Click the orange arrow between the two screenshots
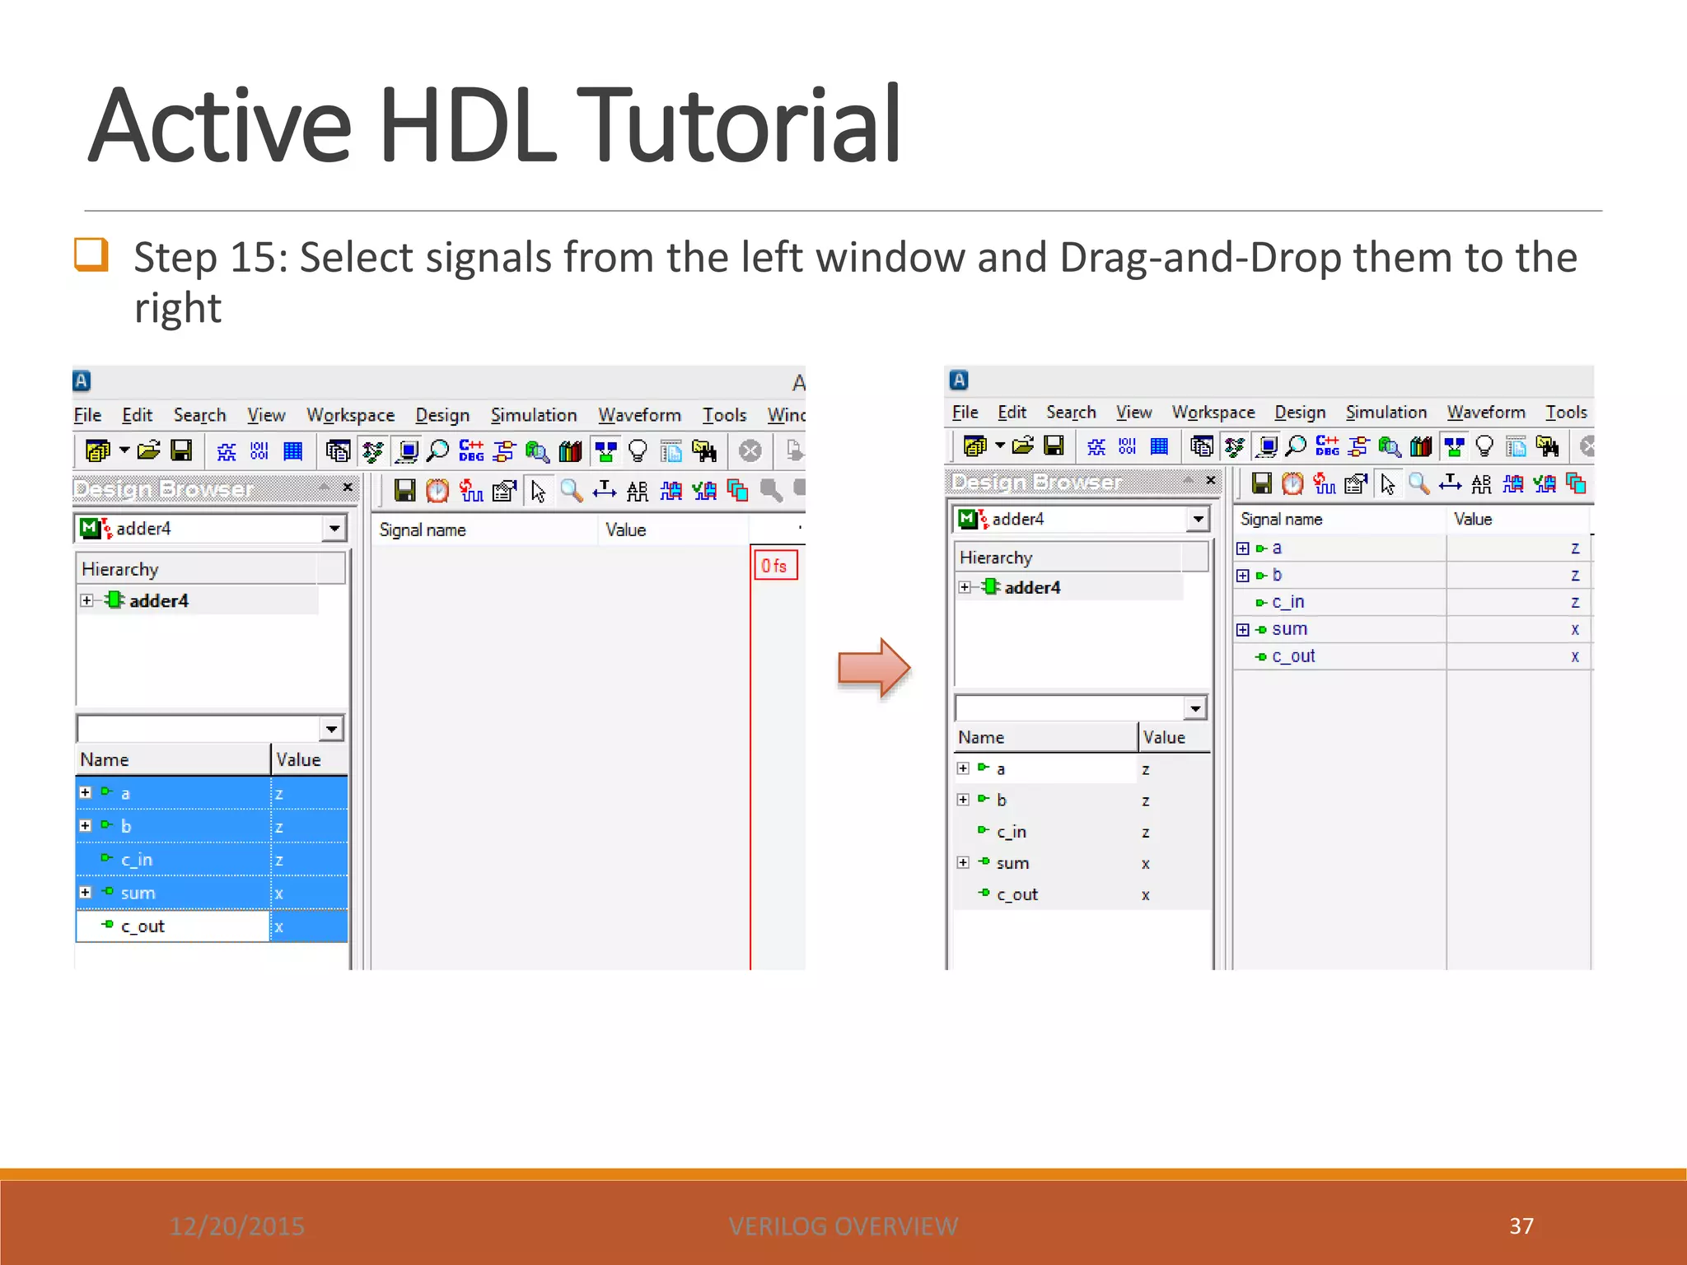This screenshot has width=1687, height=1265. click(873, 668)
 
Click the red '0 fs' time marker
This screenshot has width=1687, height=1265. click(774, 566)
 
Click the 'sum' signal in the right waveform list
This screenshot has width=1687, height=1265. click(1289, 629)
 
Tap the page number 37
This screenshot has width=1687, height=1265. click(1521, 1225)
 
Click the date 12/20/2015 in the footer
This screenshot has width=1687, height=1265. click(237, 1226)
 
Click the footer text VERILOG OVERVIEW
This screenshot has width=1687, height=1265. click(843, 1226)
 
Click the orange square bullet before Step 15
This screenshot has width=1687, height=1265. click(91, 254)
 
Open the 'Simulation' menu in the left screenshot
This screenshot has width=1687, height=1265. click(534, 415)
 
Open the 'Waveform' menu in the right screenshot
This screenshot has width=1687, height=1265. click(1486, 412)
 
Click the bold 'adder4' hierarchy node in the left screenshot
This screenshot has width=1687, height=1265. click(158, 600)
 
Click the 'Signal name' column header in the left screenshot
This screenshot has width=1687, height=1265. click(423, 530)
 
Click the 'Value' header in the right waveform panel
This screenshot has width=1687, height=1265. click(1473, 519)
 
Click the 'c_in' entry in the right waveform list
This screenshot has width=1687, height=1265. click(1288, 602)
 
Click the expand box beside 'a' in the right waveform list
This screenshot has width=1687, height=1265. click(1243, 548)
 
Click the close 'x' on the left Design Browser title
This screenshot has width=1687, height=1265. click(348, 488)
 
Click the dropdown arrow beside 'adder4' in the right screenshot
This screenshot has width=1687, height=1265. click(1198, 519)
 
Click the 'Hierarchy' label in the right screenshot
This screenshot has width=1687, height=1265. click(996, 558)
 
